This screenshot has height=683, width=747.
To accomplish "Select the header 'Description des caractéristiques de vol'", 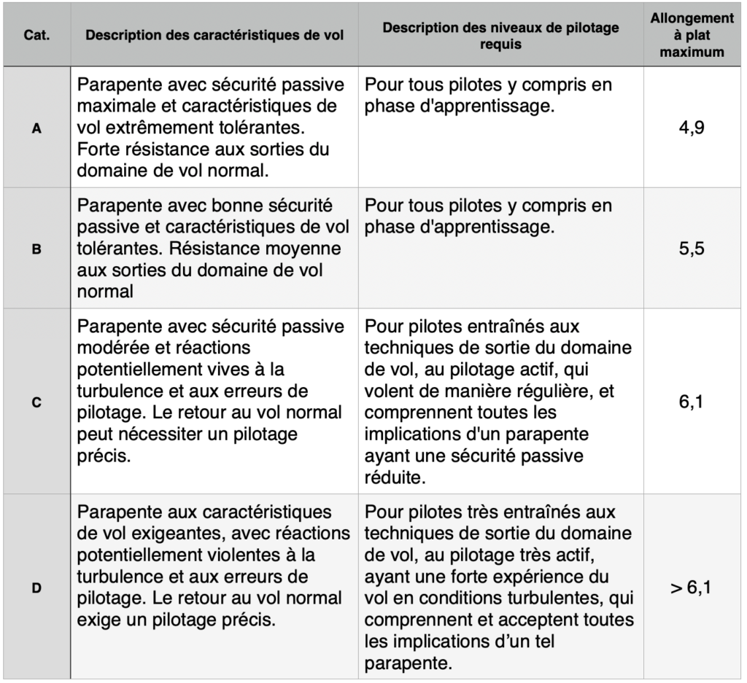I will click(x=216, y=36).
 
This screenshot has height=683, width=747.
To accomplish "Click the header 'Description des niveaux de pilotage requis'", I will click(x=500, y=36).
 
